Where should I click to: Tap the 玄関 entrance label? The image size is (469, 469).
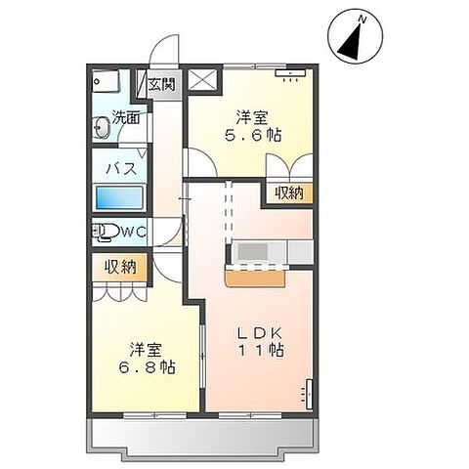click(162, 85)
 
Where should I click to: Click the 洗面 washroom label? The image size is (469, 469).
click(126, 118)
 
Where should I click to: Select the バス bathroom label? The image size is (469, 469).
click(120, 167)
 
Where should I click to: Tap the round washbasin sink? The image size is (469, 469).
click(101, 126)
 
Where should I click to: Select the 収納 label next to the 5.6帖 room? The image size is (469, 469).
click(288, 192)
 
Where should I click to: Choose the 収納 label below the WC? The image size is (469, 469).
click(121, 266)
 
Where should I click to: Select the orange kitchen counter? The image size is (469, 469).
click(255, 277)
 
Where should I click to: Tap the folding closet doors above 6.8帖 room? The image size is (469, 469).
click(121, 291)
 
